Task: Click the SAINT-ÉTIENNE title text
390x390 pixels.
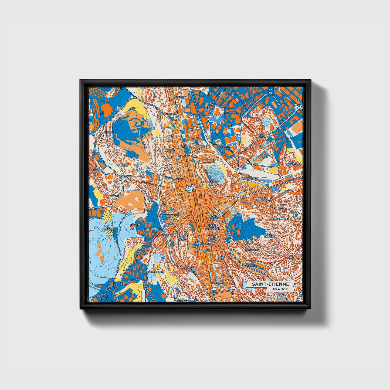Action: click(270, 284)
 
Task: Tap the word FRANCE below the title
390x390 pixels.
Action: click(280, 289)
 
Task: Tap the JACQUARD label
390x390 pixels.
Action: click(178, 179)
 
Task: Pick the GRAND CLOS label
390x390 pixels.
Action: click(124, 164)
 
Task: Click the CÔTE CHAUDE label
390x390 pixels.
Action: click(97, 169)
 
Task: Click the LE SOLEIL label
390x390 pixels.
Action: click(261, 135)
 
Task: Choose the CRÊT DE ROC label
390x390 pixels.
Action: click(212, 181)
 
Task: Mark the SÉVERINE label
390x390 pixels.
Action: click(135, 225)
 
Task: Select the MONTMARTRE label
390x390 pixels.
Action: click(155, 272)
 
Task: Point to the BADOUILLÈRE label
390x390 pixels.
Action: click(206, 243)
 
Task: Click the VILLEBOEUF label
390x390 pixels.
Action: click(252, 250)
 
